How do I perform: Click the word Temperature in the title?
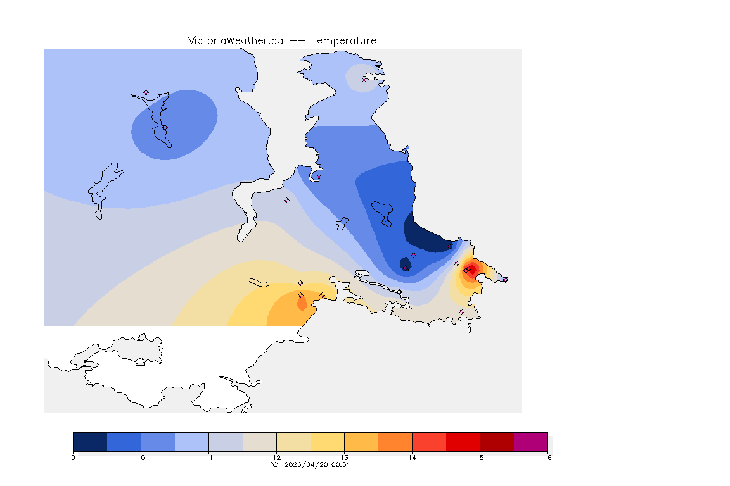[x=344, y=40]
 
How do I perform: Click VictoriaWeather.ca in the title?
[x=235, y=40]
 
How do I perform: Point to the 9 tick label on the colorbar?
[x=74, y=457]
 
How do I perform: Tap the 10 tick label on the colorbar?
[x=141, y=457]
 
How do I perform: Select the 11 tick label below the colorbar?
[x=208, y=457]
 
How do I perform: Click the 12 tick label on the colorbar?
[x=276, y=457]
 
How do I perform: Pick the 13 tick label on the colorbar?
[x=344, y=457]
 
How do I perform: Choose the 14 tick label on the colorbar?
[x=412, y=457]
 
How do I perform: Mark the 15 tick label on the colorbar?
[x=480, y=457]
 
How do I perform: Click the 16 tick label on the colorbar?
[x=547, y=457]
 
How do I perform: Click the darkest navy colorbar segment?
[x=90, y=441]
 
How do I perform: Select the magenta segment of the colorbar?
[x=530, y=441]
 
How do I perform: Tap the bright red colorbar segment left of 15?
[x=463, y=441]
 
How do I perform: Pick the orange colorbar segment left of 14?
[x=395, y=441]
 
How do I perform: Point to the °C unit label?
[x=274, y=464]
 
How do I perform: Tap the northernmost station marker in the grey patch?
[x=364, y=80]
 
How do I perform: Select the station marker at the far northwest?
[x=146, y=93]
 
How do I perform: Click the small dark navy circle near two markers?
[x=404, y=263]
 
